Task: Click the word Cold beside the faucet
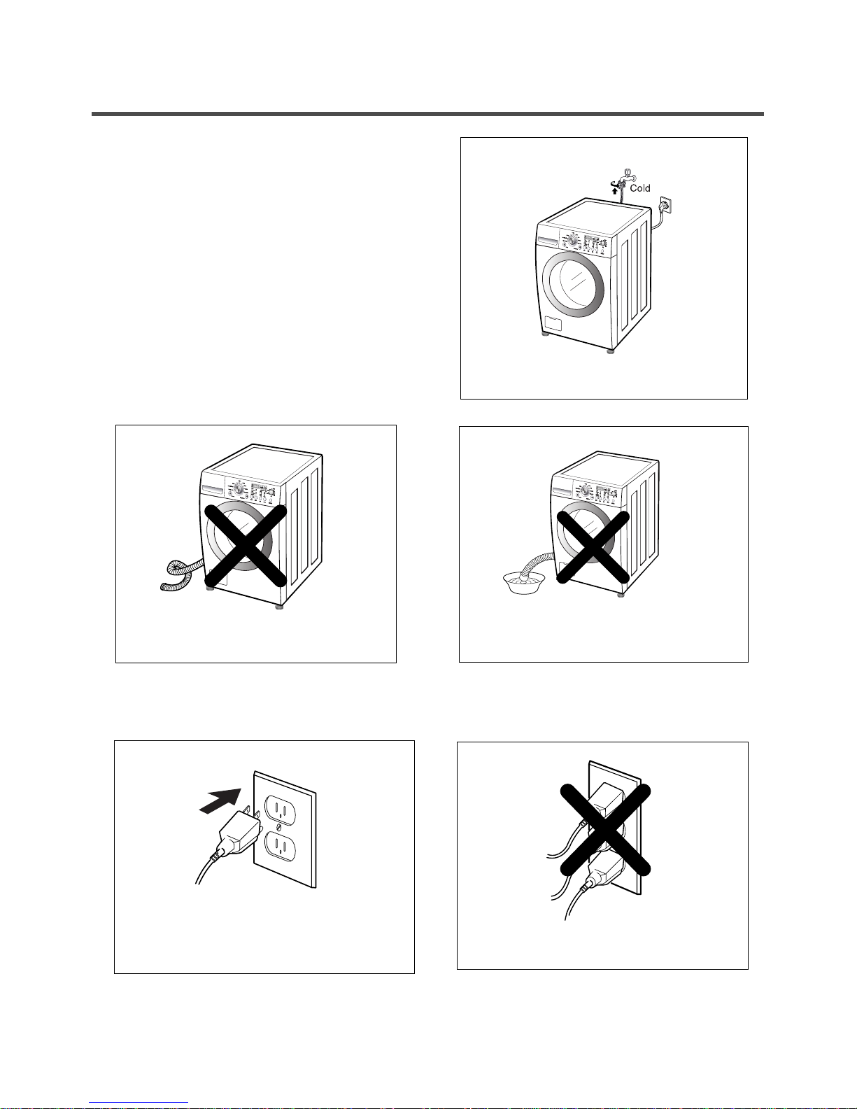pos(639,188)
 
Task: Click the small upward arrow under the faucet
pos(615,190)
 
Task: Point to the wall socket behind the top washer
pos(666,205)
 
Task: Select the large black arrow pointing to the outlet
pos(220,800)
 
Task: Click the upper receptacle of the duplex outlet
pos(280,809)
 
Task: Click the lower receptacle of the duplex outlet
pos(280,847)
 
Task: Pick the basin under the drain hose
pos(524,582)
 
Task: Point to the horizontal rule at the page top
pos(427,114)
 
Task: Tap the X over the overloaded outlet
pos(606,830)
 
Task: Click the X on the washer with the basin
pos(593,547)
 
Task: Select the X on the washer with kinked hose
pos(246,546)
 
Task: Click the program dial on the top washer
pos(574,239)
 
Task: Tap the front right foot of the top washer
pos(610,350)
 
